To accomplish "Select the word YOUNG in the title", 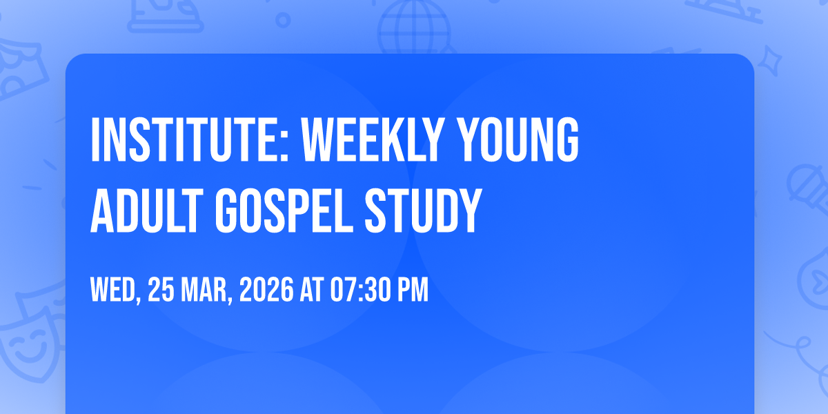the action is coord(517,139).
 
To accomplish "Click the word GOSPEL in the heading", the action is coord(284,210).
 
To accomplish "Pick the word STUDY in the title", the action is coord(423,210).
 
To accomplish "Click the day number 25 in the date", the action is coord(161,290).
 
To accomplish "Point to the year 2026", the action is coord(266,290).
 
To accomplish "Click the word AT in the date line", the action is coord(312,290).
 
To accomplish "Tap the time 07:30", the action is coord(360,290).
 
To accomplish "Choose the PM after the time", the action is coord(413,290).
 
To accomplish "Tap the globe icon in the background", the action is coord(415,28).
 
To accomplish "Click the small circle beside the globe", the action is coord(283,20).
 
